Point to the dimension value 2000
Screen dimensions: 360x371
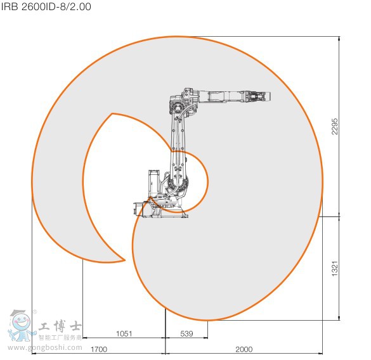244,349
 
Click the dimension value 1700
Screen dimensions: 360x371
98,349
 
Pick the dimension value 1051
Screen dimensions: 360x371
124,333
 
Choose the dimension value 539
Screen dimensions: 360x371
186,333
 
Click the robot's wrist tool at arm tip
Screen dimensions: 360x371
260,97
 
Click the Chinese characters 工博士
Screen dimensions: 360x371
60,328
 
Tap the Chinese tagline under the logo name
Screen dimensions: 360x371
60,338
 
